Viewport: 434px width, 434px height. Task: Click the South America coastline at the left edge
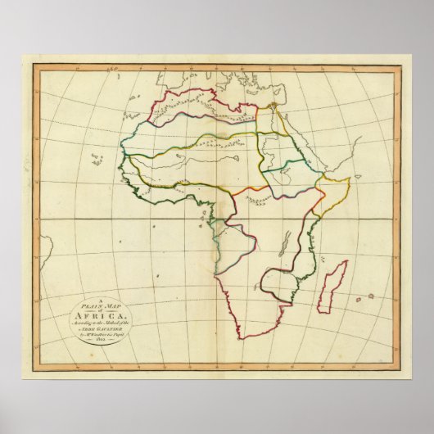(x=44, y=246)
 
